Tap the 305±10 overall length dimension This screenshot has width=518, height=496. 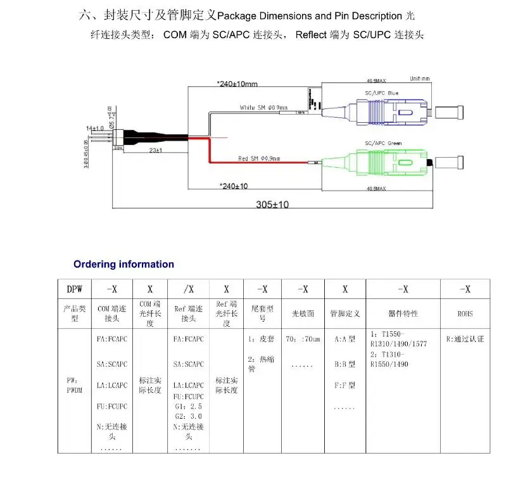(x=272, y=205)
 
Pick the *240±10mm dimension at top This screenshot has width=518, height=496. (x=237, y=84)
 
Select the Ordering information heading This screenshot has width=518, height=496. (x=123, y=264)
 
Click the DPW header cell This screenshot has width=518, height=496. (x=75, y=289)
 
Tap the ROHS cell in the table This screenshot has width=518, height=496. (x=464, y=313)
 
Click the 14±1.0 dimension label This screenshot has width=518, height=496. (x=95, y=129)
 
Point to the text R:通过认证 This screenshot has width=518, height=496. (x=465, y=339)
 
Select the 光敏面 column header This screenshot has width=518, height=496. (x=303, y=313)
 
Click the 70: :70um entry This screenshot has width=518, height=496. (x=303, y=339)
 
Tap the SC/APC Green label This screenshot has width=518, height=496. (x=382, y=143)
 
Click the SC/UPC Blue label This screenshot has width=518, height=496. (x=381, y=93)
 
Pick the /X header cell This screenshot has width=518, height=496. (x=188, y=289)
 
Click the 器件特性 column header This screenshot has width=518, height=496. (x=403, y=313)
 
